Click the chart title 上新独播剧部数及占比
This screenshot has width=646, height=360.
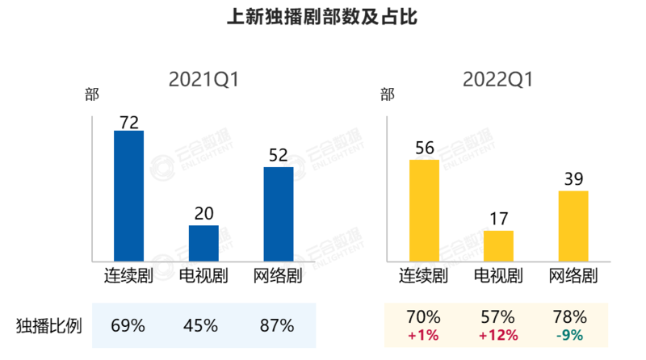pos(322,17)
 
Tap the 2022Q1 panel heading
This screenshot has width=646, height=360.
pos(499,79)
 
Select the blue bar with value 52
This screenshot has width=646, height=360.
pos(279,213)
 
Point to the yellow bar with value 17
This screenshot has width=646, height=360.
pos(498,245)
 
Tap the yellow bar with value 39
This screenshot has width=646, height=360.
pos(573,225)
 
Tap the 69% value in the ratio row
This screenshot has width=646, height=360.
pos(128,326)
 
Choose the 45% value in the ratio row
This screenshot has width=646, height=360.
pos(201,326)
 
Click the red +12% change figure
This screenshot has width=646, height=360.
pos(497,335)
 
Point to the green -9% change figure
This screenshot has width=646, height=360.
pos(570,335)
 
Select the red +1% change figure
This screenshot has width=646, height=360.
pos(424,335)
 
